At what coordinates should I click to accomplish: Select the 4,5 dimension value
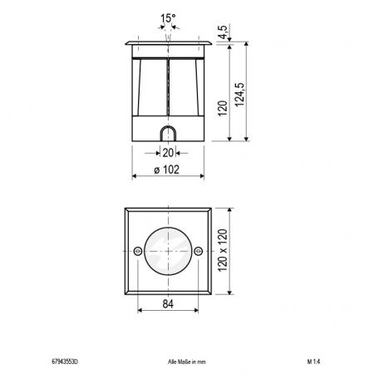tap(223, 32)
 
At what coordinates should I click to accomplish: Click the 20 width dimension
tap(168, 152)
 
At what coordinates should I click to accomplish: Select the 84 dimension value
tap(168, 305)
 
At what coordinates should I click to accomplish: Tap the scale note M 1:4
tap(313, 362)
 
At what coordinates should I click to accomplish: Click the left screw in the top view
tap(137, 251)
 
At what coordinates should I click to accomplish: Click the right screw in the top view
tap(199, 251)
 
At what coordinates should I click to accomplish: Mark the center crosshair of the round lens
tap(168, 251)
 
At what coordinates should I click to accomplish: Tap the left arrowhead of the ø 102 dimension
tap(135, 177)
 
